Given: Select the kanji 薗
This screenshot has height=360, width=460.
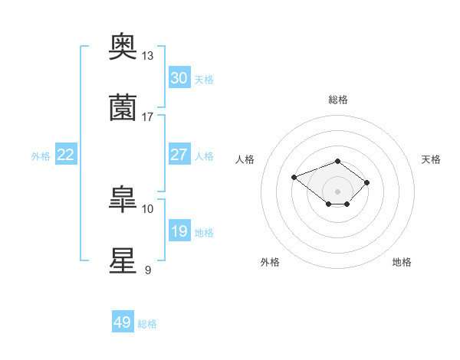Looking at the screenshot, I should [x=123, y=108].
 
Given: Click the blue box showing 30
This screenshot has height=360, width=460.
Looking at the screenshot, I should [x=179, y=78].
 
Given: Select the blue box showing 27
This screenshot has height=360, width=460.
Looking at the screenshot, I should [x=179, y=155].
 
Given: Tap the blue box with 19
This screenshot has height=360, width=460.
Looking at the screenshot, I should [x=179, y=231].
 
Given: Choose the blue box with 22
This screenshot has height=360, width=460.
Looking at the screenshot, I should [x=66, y=155].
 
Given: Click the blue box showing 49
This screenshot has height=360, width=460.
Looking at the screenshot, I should [x=123, y=322].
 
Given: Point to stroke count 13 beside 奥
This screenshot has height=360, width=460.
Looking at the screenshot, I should [x=148, y=56].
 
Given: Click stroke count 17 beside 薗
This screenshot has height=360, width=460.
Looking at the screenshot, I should [x=148, y=117].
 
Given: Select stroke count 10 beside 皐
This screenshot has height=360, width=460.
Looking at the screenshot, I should [x=148, y=208].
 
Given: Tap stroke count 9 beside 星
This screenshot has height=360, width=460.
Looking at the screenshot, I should [x=148, y=270].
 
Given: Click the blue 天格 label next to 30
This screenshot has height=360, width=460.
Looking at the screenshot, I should [x=203, y=80].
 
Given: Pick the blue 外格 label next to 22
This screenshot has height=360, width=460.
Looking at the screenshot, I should [x=41, y=156].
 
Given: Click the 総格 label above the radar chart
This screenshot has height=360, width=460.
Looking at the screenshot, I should [x=338, y=100].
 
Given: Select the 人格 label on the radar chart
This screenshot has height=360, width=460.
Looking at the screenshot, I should [x=245, y=159].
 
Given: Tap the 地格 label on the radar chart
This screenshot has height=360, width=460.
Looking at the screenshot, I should [x=402, y=262].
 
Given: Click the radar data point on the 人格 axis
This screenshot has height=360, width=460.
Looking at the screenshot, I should [x=294, y=177].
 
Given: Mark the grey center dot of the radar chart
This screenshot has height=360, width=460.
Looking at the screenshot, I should [x=338, y=191].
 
